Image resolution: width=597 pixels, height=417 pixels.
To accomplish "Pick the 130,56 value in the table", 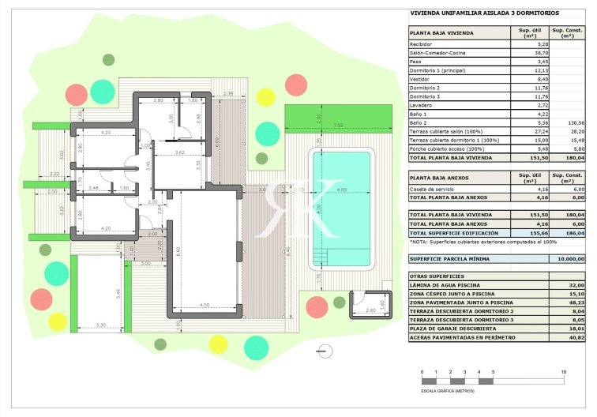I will pyautogui.click(x=574, y=122).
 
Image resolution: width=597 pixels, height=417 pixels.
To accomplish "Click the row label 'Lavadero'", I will pyautogui.click(x=420, y=105).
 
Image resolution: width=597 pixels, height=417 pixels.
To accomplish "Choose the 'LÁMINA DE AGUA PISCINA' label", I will pyautogui.click(x=442, y=284).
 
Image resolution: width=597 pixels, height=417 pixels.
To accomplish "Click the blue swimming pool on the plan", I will pyautogui.click(x=341, y=208).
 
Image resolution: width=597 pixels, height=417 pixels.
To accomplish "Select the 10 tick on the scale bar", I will pyautogui.click(x=563, y=370).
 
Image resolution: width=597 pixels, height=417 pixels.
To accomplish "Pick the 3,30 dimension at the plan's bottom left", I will pyautogui.click(x=100, y=325).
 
